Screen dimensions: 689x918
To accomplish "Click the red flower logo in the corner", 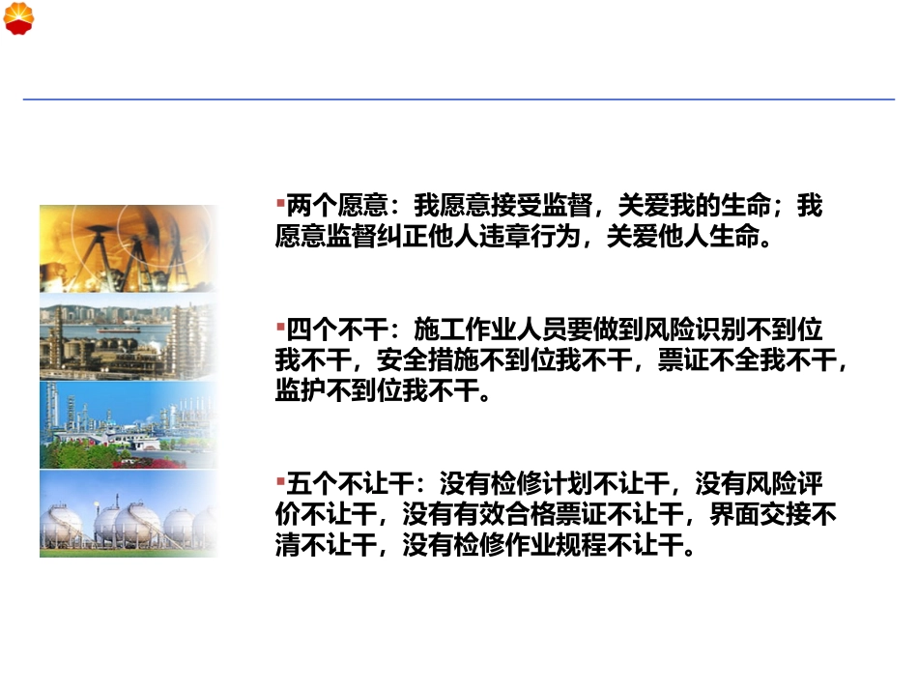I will pos(18,18).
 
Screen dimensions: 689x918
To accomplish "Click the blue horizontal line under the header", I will pos(458,99).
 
